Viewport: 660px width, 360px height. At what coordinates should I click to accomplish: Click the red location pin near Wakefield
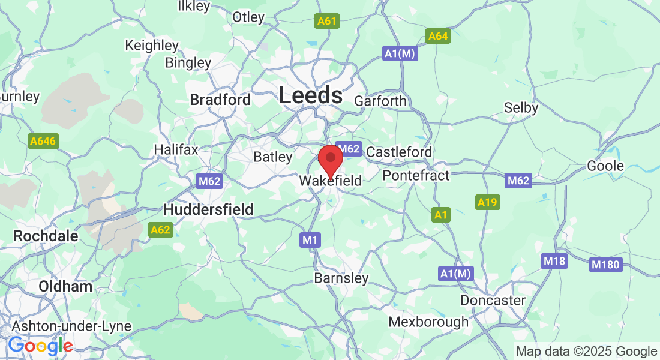click(x=330, y=159)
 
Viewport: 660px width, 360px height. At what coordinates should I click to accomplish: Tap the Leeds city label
click(x=310, y=95)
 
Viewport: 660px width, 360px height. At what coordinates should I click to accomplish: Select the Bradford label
click(x=220, y=100)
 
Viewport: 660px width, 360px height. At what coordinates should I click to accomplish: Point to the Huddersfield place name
click(x=208, y=209)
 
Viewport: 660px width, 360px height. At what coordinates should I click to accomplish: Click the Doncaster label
click(x=493, y=300)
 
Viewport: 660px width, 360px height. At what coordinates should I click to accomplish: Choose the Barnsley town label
click(x=341, y=278)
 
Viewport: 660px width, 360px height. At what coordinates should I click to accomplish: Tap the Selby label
click(x=521, y=108)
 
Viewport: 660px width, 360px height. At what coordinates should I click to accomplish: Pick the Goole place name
click(x=605, y=166)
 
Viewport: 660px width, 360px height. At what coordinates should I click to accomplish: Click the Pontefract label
click(x=416, y=175)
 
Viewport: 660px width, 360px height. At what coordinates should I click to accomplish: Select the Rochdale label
click(x=46, y=236)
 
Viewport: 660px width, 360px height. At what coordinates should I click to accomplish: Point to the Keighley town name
click(x=151, y=45)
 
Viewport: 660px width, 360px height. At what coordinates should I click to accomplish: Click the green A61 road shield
click(x=327, y=22)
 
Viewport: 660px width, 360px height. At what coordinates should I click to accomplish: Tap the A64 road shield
click(x=438, y=37)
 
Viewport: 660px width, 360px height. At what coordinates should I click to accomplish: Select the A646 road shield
click(x=42, y=142)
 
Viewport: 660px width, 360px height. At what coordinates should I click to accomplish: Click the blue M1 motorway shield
click(x=310, y=241)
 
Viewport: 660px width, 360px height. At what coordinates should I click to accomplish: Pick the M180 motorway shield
click(x=605, y=265)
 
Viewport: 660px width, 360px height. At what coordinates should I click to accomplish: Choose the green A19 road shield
click(x=487, y=203)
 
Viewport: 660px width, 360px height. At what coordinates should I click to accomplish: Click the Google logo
click(x=40, y=346)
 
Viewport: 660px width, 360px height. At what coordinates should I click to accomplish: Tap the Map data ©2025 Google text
click(x=586, y=352)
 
